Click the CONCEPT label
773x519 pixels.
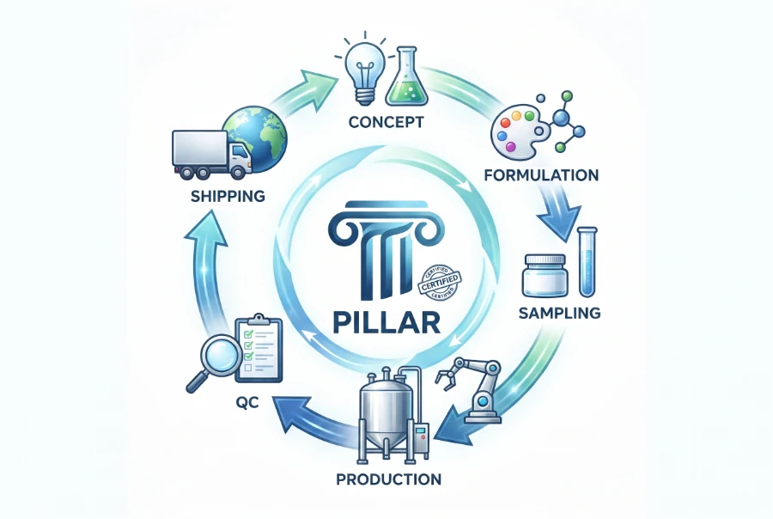(386, 121)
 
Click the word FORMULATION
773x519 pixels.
(541, 175)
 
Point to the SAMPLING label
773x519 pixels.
(559, 313)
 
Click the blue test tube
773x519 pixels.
(587, 262)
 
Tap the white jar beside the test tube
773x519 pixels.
(545, 277)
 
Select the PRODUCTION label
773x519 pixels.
(388, 479)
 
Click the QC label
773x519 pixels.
(247, 403)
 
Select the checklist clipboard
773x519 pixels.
(259, 348)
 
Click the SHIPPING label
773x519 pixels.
(228, 197)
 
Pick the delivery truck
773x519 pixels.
(211, 155)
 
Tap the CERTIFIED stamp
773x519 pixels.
(439, 284)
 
